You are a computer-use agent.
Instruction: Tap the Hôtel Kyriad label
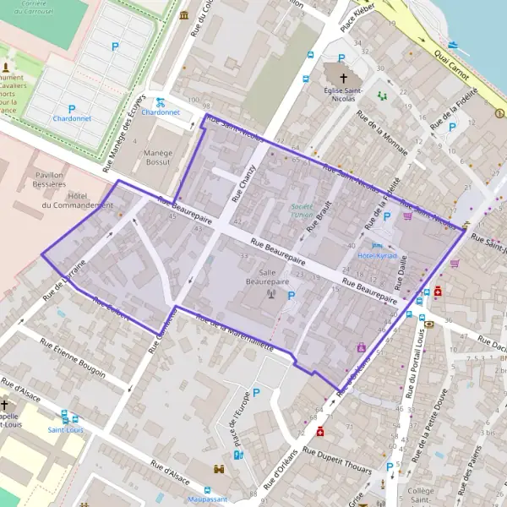point(377,254)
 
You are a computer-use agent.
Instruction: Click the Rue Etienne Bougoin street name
point(75,358)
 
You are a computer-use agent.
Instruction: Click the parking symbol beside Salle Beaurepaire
point(292,295)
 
